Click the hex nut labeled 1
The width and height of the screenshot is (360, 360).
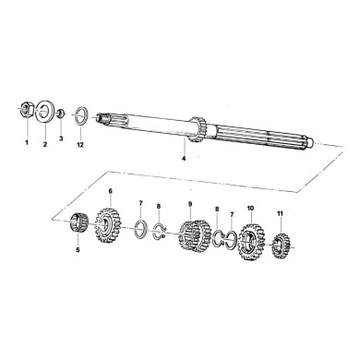[26, 112]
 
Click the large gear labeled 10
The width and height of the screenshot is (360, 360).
[250, 242]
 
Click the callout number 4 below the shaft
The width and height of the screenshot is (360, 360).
[183, 159]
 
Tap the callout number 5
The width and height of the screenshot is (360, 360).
[78, 249]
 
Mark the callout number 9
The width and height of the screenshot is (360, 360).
[189, 203]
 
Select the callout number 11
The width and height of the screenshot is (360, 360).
[281, 217]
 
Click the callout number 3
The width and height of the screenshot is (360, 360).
[61, 138]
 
